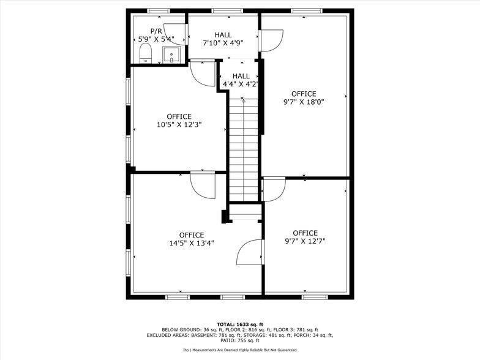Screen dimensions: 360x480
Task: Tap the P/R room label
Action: [156, 31]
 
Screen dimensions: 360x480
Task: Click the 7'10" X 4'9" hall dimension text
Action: [223, 43]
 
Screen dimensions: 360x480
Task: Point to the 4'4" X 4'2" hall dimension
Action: [240, 84]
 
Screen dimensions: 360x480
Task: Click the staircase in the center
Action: [244, 147]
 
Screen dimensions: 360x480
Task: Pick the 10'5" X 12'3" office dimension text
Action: [179, 124]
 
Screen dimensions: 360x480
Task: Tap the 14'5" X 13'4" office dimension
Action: [192, 243]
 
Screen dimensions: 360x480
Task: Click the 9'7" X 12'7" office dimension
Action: [305, 241]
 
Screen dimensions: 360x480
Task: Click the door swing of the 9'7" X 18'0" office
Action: [271, 40]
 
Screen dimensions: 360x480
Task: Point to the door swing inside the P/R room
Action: [174, 34]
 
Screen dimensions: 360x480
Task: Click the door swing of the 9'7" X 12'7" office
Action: [274, 189]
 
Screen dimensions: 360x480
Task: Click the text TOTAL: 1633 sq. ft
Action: [240, 324]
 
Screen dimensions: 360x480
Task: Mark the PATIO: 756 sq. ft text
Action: [240, 340]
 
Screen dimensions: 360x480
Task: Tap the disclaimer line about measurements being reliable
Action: [240, 350]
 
